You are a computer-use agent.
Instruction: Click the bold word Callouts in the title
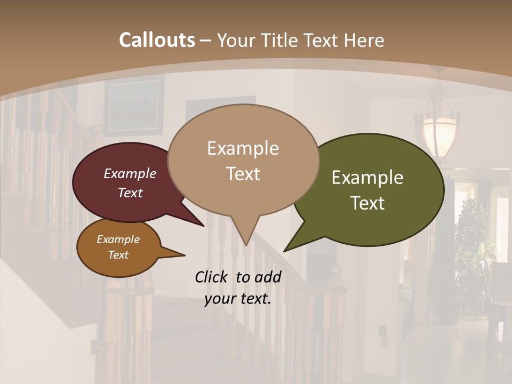[x=157, y=40]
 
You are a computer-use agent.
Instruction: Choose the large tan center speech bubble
[x=243, y=160]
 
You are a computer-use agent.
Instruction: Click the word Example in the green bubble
[x=367, y=178]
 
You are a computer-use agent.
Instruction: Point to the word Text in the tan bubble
[x=243, y=174]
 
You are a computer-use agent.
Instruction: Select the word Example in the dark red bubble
[x=130, y=173]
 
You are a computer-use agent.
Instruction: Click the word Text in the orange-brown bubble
[x=118, y=255]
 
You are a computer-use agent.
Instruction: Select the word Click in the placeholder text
[x=212, y=277]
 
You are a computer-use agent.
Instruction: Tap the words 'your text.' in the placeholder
[x=238, y=299]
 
